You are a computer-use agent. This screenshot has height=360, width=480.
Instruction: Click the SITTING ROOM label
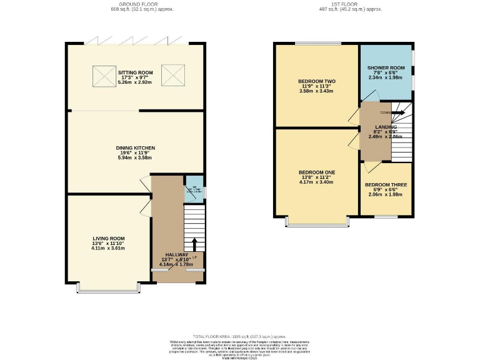[135, 72]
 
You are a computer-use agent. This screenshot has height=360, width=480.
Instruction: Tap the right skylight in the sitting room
[170, 76]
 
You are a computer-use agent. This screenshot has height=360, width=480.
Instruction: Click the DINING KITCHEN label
[136, 148]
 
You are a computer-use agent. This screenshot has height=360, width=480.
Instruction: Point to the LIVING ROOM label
[109, 238]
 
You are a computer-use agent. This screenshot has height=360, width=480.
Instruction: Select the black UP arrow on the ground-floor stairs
[194, 244]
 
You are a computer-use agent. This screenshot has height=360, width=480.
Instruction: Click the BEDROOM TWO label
[317, 81]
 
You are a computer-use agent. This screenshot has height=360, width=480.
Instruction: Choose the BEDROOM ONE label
[317, 172]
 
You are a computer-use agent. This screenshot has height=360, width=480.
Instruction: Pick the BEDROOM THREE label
[386, 185]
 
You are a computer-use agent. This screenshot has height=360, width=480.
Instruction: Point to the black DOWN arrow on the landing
[399, 112]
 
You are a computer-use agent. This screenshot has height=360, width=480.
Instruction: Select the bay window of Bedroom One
[317, 222]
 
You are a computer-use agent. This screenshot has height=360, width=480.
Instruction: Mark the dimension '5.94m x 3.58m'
[136, 157]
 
